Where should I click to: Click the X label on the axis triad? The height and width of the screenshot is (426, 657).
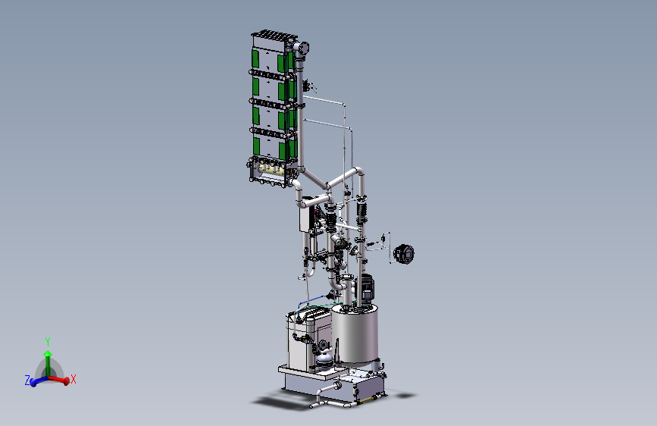tap(74, 379)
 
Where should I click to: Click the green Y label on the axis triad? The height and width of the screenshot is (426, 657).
tap(48, 341)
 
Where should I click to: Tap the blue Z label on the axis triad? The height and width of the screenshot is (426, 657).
tap(27, 381)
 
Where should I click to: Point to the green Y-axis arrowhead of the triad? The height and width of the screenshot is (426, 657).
tap(48, 353)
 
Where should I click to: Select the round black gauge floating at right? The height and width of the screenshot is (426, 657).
tap(404, 254)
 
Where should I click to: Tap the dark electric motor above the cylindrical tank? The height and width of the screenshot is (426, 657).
tap(367, 288)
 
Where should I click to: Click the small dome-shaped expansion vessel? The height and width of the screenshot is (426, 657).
tap(324, 360)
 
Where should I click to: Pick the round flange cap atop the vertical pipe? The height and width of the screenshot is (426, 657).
tap(303, 48)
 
